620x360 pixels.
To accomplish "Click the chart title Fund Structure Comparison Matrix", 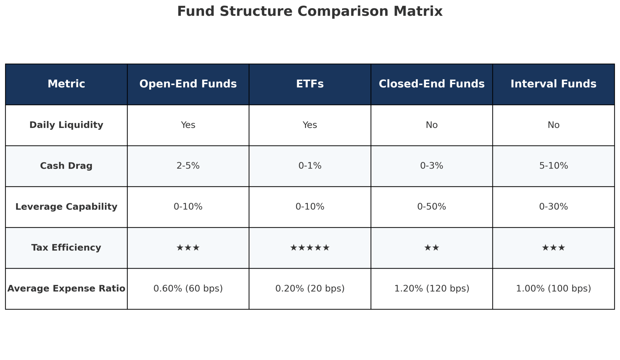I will click(x=310, y=11).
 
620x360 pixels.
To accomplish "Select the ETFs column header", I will click(x=310, y=84).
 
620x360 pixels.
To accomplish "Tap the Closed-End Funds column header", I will click(x=431, y=84).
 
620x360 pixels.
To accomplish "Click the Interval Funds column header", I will click(x=553, y=84).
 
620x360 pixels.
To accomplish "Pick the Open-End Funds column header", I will click(x=188, y=84).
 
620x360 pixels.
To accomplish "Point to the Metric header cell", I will click(x=66, y=84).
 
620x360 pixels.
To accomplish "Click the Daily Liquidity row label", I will click(x=66, y=125).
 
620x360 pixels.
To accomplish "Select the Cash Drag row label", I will click(x=66, y=166).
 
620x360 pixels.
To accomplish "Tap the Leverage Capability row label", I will click(x=66, y=207).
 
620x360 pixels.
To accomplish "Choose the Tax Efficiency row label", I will click(x=66, y=247).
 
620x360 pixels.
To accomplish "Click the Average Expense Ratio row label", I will click(x=66, y=288).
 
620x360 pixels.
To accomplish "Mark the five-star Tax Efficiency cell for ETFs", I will click(x=310, y=248).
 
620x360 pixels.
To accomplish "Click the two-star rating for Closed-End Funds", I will click(x=431, y=248).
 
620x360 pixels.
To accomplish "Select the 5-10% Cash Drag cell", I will click(x=553, y=166).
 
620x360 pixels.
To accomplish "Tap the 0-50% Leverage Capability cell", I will click(x=431, y=207).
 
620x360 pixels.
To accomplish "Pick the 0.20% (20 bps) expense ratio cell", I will click(x=310, y=288).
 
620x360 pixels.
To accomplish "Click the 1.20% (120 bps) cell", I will click(x=431, y=288).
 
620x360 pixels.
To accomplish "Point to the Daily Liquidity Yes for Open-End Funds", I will click(x=188, y=125).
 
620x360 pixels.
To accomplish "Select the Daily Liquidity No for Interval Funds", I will click(x=553, y=125).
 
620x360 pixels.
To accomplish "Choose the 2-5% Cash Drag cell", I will click(x=188, y=166).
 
